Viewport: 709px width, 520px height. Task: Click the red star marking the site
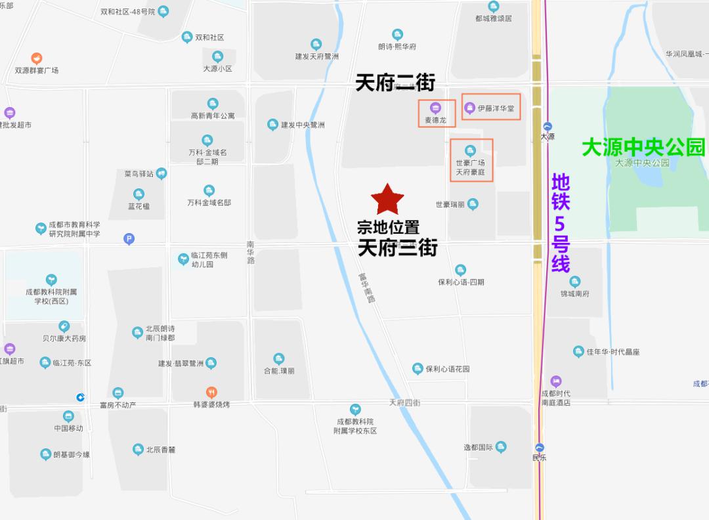[x=387, y=199]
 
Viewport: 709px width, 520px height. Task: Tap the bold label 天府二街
[x=395, y=83]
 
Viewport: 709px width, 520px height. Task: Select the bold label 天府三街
[x=397, y=248]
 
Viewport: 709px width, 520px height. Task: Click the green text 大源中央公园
[x=643, y=147]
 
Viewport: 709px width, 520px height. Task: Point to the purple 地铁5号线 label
[x=561, y=223]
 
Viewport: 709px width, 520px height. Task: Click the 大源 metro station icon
[x=548, y=127]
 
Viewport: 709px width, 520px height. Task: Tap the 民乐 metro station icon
[x=540, y=448]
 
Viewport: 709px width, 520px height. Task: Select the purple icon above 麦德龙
[x=435, y=108]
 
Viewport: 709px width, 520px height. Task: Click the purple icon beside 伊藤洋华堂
[x=469, y=108]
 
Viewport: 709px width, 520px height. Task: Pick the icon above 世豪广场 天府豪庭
[x=470, y=150]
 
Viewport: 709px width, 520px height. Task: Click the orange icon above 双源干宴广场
[x=37, y=58]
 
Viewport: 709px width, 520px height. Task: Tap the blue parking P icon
[x=129, y=240]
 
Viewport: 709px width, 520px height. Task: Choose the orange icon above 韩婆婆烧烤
[x=211, y=393]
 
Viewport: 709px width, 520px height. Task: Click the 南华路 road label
[x=250, y=252]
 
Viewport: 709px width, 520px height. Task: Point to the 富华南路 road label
[x=366, y=288]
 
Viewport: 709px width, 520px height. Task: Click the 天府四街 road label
[x=404, y=402]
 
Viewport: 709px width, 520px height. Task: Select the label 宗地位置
[x=388, y=228]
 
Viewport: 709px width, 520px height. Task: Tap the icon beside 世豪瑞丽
[x=473, y=204]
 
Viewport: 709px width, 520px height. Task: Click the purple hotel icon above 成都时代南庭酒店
[x=556, y=381]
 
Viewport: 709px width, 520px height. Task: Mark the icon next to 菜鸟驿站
[x=161, y=173]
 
